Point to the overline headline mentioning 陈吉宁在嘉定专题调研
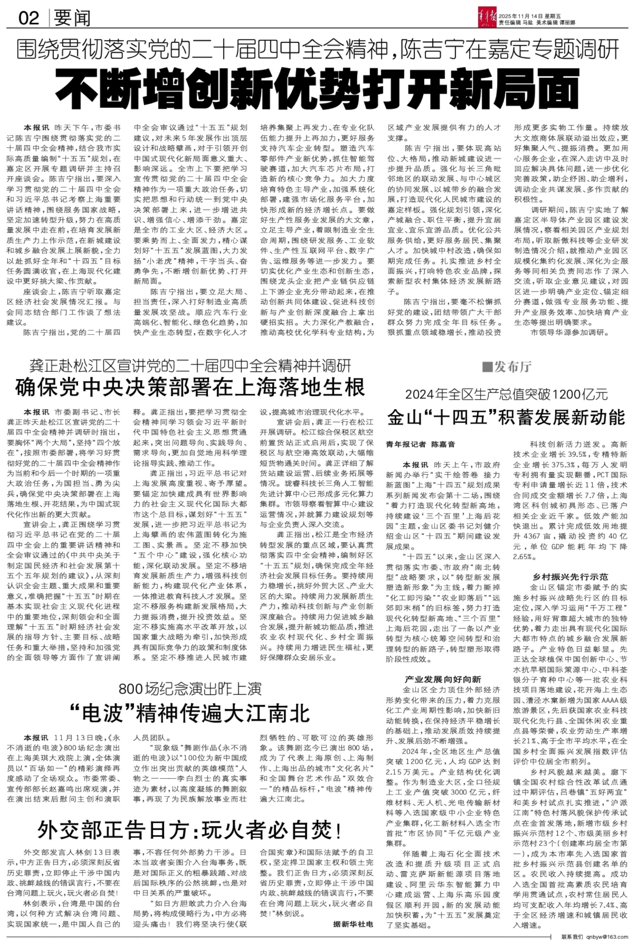click(x=317, y=49)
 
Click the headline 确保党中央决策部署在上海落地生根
click(x=190, y=387)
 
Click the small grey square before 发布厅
click(x=487, y=367)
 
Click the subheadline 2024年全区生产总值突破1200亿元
click(x=506, y=394)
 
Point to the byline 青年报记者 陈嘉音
click(x=421, y=444)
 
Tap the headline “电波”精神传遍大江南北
click(x=190, y=713)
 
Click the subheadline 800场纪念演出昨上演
click(x=190, y=689)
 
